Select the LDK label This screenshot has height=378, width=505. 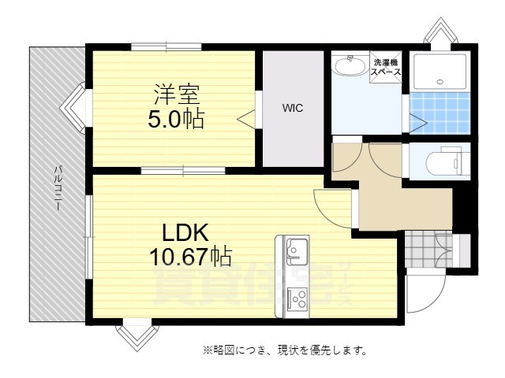coord(185,233)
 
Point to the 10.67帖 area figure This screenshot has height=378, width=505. coord(190,256)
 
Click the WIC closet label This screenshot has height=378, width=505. coord(293,108)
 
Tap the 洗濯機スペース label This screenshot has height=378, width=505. coord(387,66)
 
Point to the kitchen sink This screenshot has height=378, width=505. coord(296,250)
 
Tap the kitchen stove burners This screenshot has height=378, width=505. coord(297,298)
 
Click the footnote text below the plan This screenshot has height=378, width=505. coord(285,349)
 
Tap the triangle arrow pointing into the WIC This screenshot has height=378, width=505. coord(247,119)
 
